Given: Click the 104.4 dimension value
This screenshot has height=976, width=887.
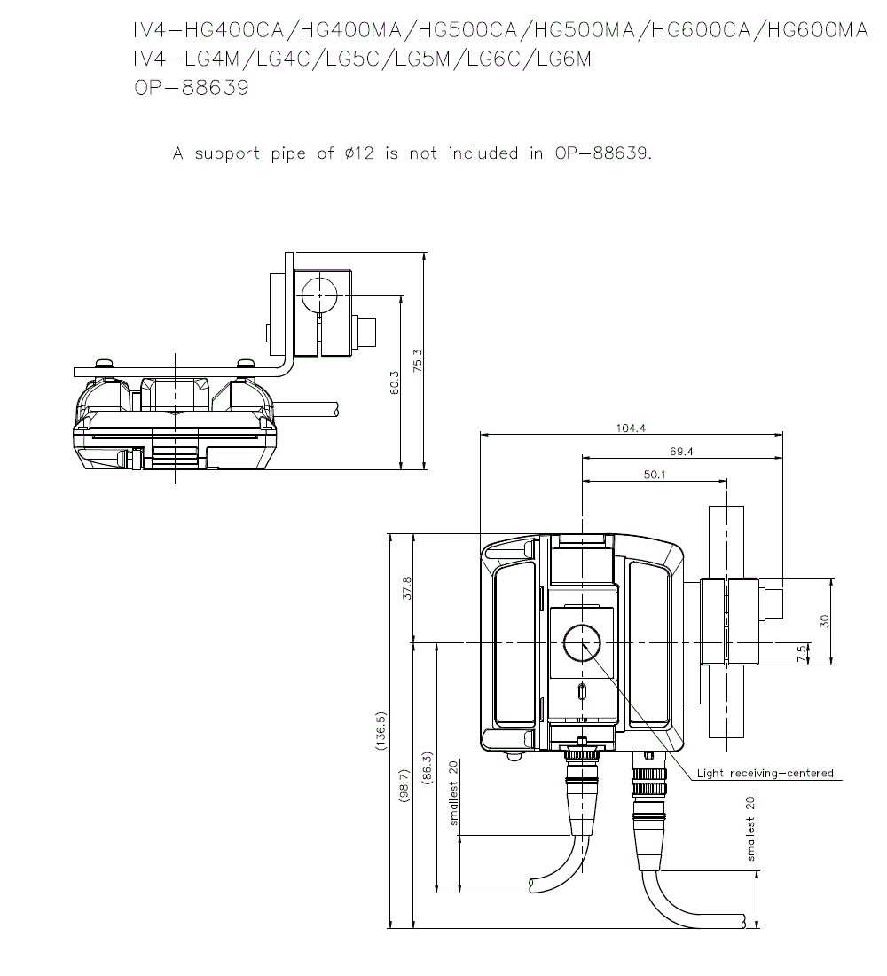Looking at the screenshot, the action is (631, 429).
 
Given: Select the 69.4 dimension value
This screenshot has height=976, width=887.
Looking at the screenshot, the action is (681, 452).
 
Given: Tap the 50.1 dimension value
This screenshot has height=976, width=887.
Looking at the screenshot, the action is (655, 475).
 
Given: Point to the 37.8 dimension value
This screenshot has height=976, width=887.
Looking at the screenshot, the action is (407, 588).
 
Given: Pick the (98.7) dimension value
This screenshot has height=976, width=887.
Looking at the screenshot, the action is (404, 785).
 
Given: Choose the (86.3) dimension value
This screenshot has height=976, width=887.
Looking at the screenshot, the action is (428, 768).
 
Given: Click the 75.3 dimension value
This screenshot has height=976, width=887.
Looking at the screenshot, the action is (418, 361).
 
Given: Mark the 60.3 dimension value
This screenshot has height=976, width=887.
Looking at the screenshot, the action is (394, 383).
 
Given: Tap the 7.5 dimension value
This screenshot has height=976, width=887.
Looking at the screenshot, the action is (803, 653).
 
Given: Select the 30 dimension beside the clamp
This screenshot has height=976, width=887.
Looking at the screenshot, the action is (825, 620).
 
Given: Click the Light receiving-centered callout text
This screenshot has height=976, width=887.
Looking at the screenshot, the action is (765, 773).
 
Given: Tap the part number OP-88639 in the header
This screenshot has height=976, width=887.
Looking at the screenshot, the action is (192, 87).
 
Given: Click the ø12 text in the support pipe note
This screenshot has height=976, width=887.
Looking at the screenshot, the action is (359, 153).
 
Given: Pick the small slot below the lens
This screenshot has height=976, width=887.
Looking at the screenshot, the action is (582, 692).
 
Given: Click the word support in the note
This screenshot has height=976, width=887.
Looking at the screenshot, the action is (227, 153).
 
